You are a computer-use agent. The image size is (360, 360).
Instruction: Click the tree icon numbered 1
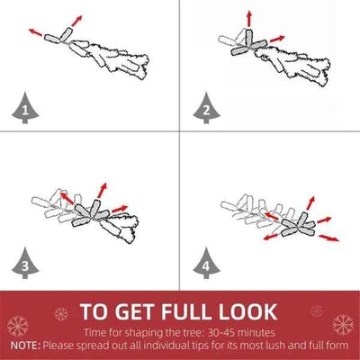tap(25, 109)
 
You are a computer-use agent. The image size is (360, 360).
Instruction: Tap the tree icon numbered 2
tap(206, 109)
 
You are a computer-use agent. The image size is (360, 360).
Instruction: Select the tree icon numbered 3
tap(25, 264)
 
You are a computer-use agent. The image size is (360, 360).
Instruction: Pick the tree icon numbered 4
tap(206, 264)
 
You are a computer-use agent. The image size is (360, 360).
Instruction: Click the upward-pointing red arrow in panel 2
tap(248, 19)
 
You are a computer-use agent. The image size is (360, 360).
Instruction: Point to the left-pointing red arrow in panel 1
tap(35, 32)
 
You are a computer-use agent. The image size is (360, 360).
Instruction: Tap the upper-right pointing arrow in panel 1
tap(76, 21)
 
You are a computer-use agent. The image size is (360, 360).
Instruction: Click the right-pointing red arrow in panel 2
tap(277, 39)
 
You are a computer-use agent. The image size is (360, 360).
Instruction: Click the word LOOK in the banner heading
tap(247, 311)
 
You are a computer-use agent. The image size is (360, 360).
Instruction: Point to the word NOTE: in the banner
tap(25, 346)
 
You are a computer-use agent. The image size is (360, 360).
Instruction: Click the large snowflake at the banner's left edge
tap(17, 326)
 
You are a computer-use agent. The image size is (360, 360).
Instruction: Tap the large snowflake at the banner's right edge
tap(343, 325)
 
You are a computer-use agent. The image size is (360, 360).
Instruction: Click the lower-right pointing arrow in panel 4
tap(328, 238)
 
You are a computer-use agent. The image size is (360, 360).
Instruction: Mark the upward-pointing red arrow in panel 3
tap(103, 190)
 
